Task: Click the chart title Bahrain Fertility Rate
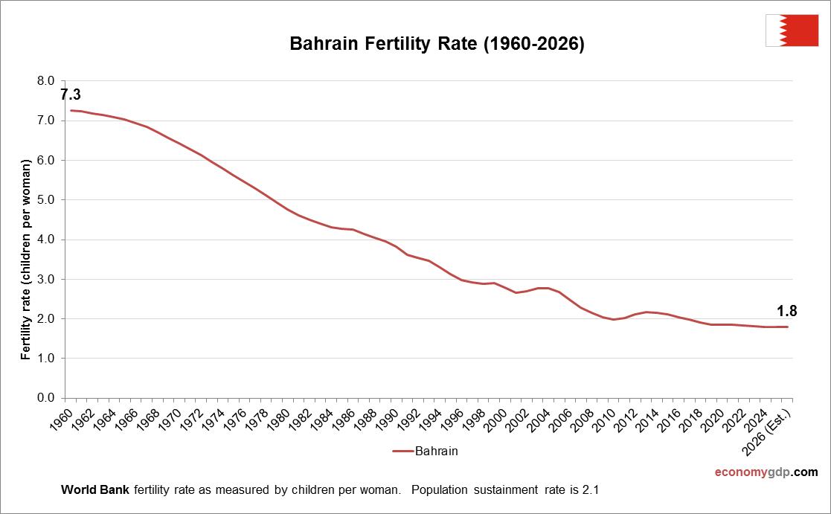[437, 45]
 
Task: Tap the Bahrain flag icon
[792, 30]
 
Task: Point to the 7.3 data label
[71, 94]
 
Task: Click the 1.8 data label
[787, 312]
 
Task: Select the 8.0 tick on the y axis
[46, 80]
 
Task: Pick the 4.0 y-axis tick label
[46, 240]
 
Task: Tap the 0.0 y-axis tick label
[46, 398]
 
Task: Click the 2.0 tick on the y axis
[46, 318]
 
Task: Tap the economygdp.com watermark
[766, 472]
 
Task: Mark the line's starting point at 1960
[71, 111]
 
